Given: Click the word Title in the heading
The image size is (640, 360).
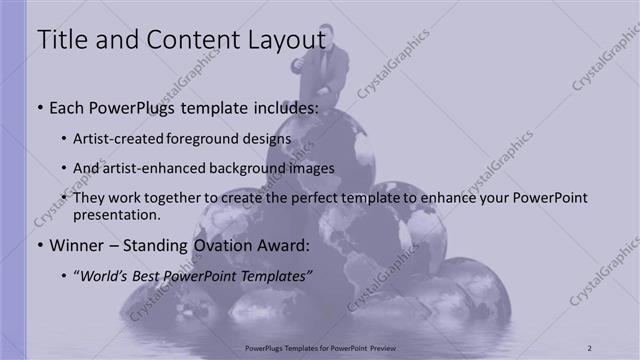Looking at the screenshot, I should coord(60,41).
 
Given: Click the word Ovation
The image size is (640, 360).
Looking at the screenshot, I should coord(215,244).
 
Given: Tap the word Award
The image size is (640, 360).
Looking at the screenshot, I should coord(278,244).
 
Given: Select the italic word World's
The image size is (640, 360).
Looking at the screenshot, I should coord(105,274).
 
